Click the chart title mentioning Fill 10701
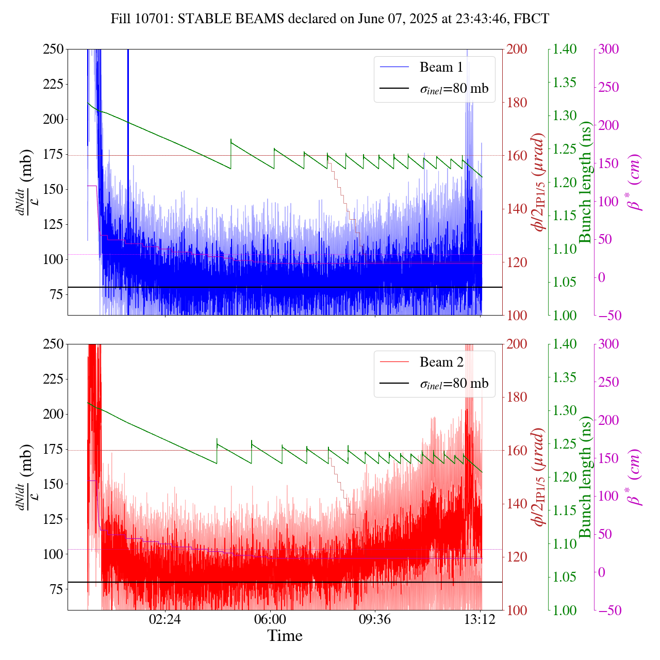330,19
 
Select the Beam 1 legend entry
441,67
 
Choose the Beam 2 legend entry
441,362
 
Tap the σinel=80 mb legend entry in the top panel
454,89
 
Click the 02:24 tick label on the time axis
164,619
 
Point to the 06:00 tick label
270,619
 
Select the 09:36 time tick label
375,619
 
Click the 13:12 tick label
480,619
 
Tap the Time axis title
285,636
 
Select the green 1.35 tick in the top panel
566,82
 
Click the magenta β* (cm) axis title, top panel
635,182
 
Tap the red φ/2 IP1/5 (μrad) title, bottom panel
538,477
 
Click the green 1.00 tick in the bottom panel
566,610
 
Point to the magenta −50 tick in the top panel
610,315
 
